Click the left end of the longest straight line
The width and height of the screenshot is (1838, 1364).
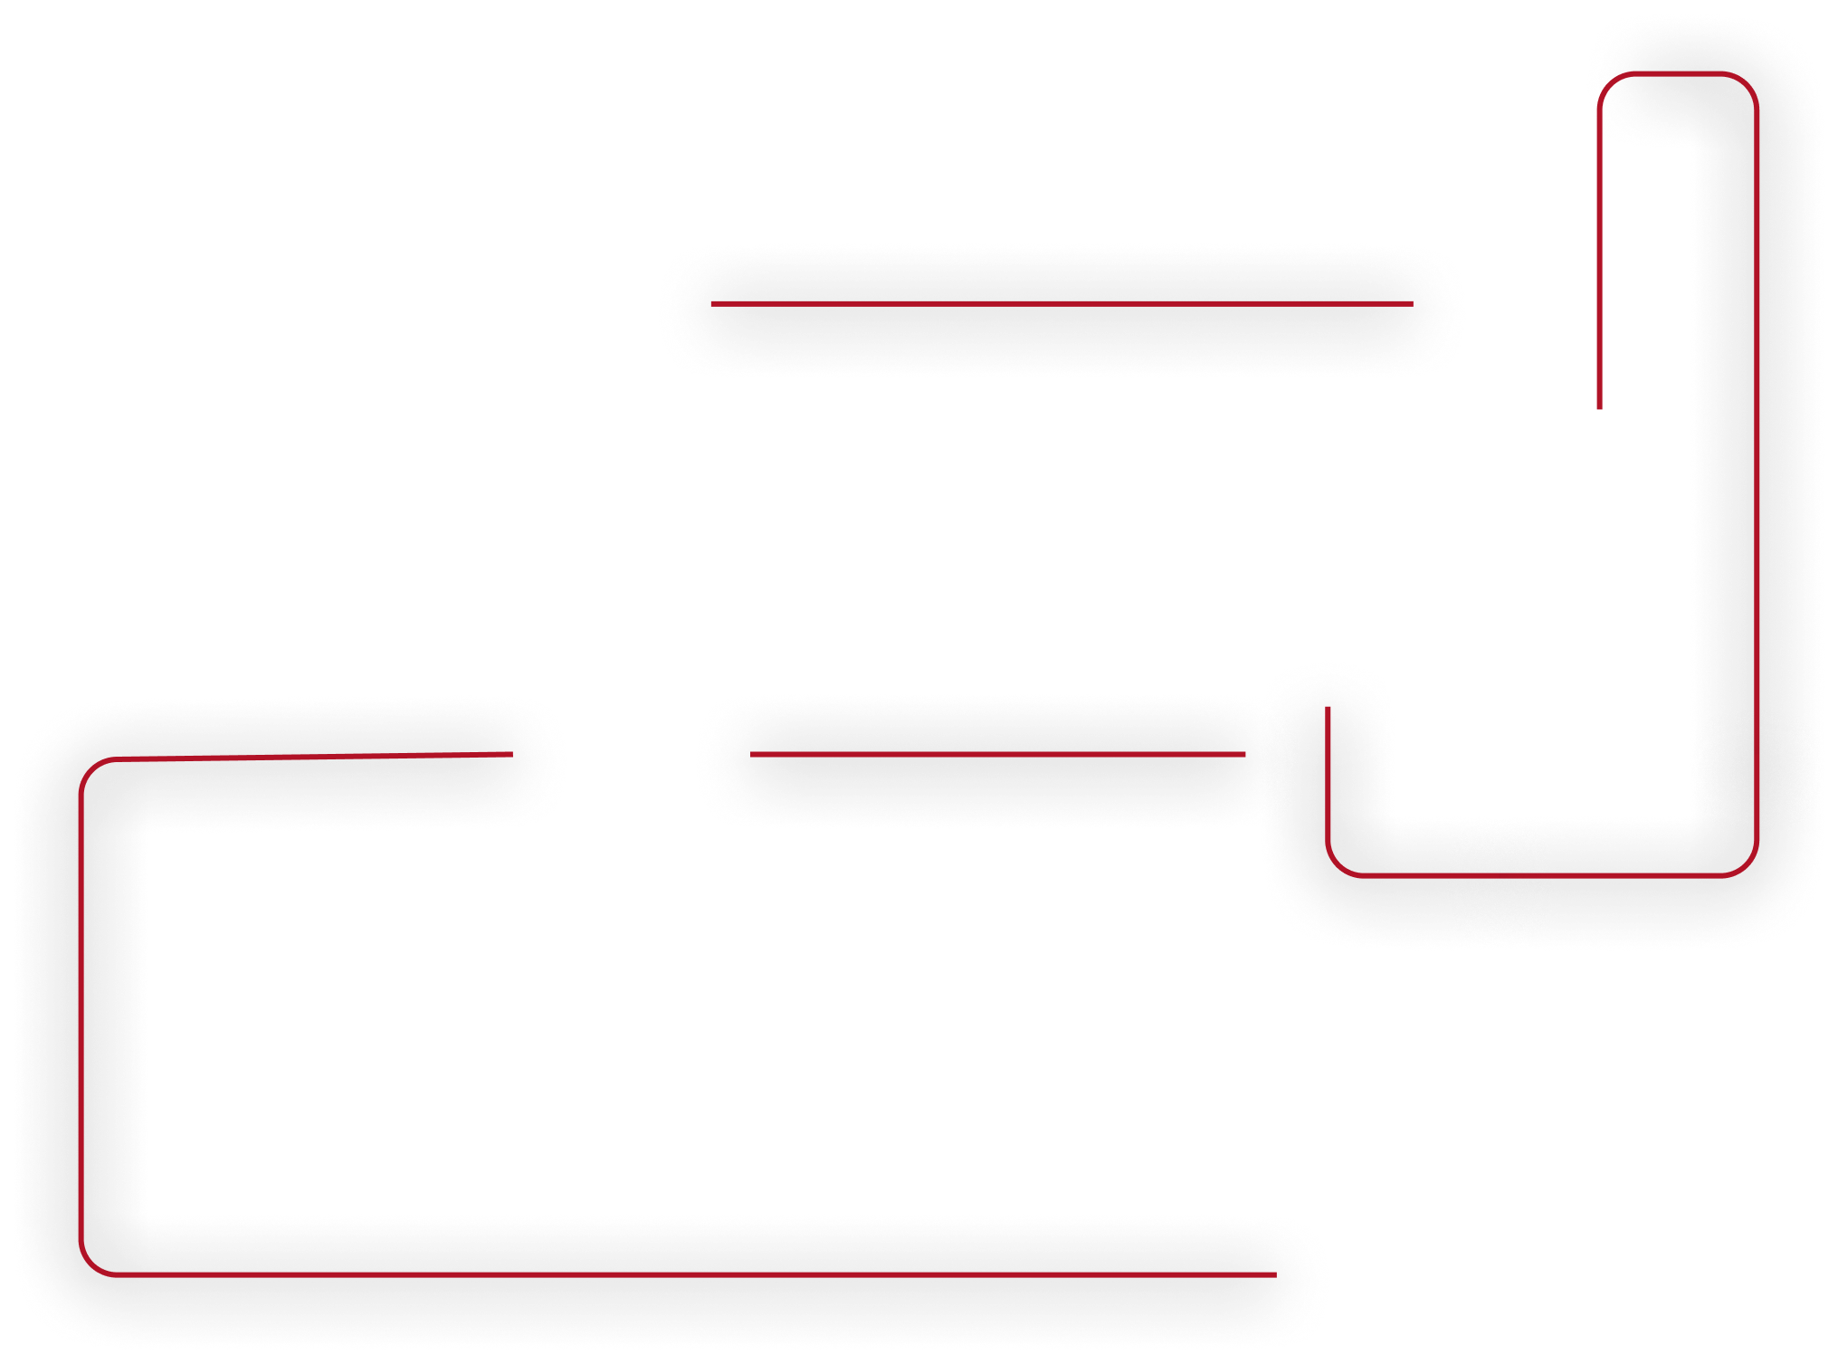coord(711,304)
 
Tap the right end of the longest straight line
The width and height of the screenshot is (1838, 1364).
coord(1413,304)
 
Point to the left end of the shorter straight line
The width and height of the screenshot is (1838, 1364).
coord(751,754)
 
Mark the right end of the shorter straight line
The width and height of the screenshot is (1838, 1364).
coord(1245,754)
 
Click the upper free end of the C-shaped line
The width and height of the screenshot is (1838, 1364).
coord(512,753)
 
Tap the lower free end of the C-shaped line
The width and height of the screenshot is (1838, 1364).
coord(1276,1274)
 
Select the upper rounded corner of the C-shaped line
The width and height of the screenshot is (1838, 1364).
coord(91,770)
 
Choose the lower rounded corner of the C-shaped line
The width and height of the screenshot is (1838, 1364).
coord(91,1264)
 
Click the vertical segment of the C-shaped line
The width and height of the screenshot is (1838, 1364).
coord(81,1014)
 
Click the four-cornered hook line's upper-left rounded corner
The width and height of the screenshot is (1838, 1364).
coord(1610,83)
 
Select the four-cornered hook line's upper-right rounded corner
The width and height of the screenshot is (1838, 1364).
coord(1746,83)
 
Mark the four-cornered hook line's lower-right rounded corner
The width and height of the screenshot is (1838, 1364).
coord(1747,865)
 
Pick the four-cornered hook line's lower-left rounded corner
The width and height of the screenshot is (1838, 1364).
coord(1338,865)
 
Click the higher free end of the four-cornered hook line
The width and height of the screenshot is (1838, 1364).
coord(1600,408)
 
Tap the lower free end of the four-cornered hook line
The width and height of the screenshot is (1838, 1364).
coord(1328,708)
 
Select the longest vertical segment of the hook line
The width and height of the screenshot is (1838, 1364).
coord(1757,471)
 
